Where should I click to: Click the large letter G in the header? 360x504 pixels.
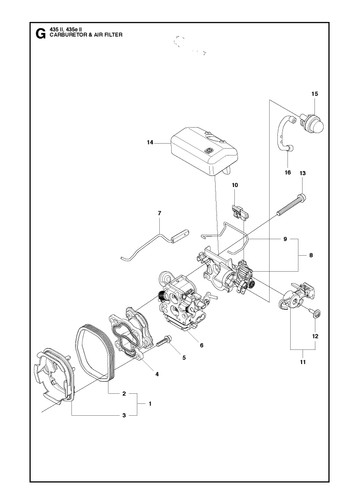40,34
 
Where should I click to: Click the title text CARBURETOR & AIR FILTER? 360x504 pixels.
86,35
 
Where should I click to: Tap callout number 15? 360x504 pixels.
315,94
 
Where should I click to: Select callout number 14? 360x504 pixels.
150,143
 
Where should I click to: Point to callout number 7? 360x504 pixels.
159,213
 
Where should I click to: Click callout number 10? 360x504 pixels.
235,185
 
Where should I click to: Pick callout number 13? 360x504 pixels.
303,173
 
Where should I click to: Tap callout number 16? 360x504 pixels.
288,172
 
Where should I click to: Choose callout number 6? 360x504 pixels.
201,345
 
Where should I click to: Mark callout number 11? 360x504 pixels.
303,362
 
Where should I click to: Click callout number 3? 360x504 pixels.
124,415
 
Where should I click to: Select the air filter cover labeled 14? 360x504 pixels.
204,151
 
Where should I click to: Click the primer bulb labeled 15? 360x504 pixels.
312,124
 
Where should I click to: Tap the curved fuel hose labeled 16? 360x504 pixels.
282,133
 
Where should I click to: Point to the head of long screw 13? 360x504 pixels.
302,198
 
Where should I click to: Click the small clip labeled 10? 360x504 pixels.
240,213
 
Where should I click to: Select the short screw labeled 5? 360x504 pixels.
163,342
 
